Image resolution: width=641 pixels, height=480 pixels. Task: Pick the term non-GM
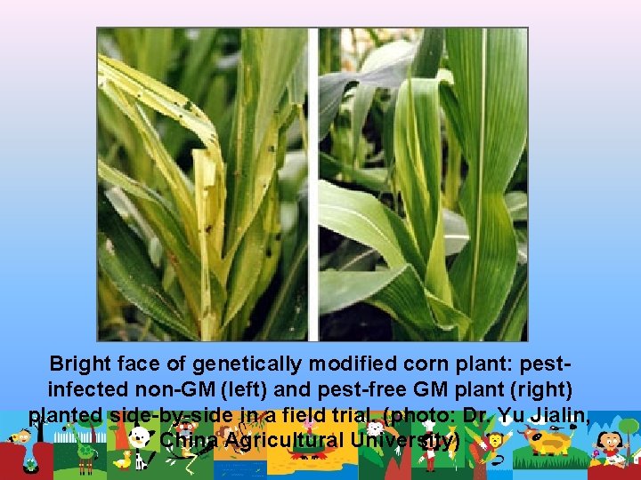(171, 389)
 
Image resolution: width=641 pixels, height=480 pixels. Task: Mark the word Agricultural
(287, 441)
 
